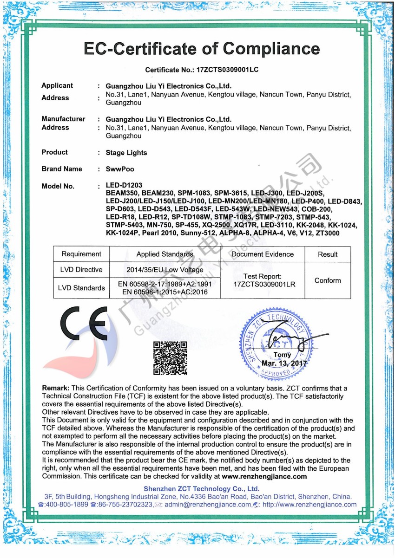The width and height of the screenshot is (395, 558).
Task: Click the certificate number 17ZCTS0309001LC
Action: pos(227,70)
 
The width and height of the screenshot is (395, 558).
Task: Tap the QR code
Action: pos(170,357)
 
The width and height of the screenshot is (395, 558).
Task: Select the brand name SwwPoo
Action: pos(120,169)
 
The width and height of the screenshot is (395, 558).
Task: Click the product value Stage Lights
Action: pos(126,153)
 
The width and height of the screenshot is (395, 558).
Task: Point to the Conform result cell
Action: pos(328,280)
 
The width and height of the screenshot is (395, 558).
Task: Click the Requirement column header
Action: pos(81,254)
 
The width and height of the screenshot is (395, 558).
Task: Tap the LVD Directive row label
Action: pos(81,270)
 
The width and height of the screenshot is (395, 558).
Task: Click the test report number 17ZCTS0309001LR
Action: pos(263,284)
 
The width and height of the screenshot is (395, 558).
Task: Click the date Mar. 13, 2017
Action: pos(284,363)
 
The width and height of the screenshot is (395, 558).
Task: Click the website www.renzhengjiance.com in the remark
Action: pos(264,476)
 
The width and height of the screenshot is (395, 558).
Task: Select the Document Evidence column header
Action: pos(263,254)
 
